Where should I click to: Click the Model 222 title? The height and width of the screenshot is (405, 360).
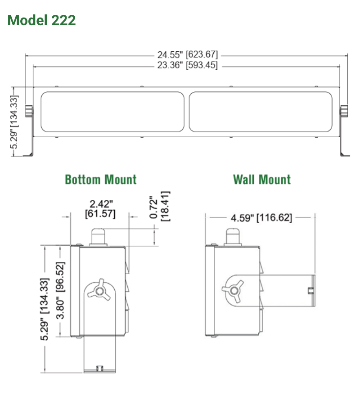(41, 20)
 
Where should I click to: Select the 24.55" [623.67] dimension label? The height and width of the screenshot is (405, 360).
(187, 54)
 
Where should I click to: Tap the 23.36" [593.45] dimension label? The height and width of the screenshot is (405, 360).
(187, 66)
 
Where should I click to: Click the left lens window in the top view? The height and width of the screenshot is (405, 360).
(112, 112)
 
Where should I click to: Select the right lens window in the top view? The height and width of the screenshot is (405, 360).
(261, 112)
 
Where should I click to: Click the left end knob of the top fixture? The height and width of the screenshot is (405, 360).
(28, 111)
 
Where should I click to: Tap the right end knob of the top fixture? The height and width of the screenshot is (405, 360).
(344, 111)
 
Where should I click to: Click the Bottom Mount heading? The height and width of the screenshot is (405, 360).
(100, 179)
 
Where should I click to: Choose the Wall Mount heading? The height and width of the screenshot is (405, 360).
(261, 179)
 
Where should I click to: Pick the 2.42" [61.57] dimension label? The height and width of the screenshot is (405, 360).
(100, 209)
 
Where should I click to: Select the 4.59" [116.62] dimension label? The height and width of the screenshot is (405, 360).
(261, 218)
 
